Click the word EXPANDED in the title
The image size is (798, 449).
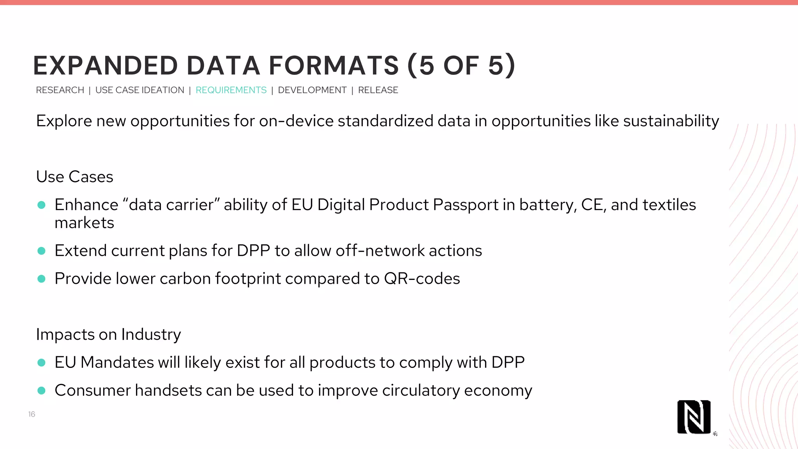[x=106, y=65]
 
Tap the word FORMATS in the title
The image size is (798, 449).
[x=334, y=65]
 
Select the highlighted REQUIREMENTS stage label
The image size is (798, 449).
[x=231, y=90]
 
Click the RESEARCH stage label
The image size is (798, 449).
[x=60, y=90]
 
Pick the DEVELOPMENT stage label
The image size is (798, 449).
[x=312, y=90]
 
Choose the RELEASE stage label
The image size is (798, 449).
[x=378, y=90]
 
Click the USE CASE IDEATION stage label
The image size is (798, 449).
[x=139, y=90]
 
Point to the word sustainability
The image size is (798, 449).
[x=671, y=121]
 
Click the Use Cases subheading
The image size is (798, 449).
[x=74, y=177]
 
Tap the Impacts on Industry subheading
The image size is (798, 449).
[x=108, y=334]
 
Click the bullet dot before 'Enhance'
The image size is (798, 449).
[x=42, y=205]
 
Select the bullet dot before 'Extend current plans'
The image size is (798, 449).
[x=42, y=251]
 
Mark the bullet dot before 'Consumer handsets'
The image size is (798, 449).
[x=42, y=391]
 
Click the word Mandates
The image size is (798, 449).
[x=117, y=362]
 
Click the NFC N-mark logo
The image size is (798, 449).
[x=694, y=417]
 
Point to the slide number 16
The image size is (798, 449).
[x=32, y=414]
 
